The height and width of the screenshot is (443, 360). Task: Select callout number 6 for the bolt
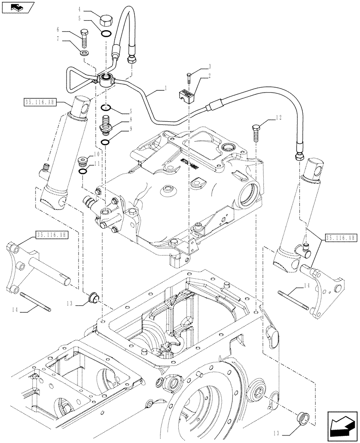coord(58,29)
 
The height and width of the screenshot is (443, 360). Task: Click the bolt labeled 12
coord(257,129)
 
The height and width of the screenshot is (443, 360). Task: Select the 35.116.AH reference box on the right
coord(340,238)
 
